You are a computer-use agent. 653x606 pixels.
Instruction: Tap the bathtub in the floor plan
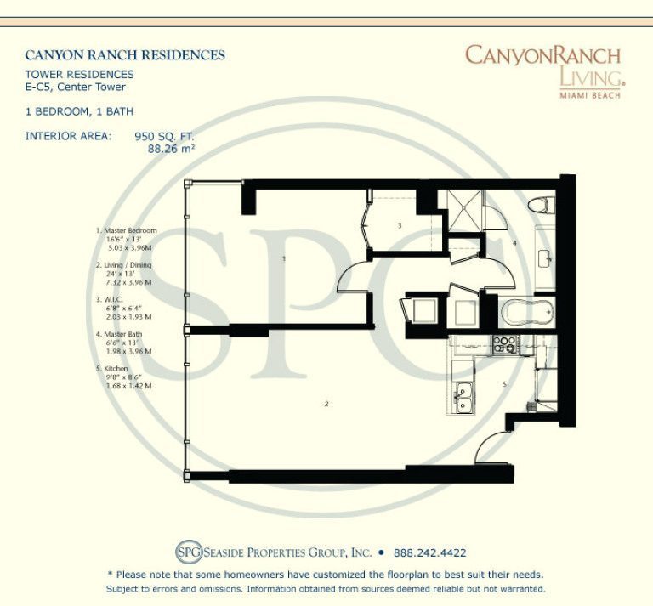pos(526,310)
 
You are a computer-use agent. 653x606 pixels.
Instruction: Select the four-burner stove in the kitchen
pos(504,344)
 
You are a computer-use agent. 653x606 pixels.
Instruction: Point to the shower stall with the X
pos(466,210)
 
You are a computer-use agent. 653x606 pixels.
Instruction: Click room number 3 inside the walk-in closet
pos(400,225)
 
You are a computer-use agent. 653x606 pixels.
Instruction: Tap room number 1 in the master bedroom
pos(283,258)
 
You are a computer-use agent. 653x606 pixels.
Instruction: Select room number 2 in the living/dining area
pos(326,404)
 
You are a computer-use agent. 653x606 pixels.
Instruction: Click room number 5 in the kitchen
pos(504,384)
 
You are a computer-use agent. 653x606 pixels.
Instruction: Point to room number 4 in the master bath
pos(514,243)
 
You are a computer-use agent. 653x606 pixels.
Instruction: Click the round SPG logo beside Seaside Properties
pos(188,552)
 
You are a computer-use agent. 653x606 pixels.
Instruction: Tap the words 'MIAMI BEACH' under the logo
pos(589,94)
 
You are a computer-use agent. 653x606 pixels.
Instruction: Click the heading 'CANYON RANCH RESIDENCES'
pos(125,55)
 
